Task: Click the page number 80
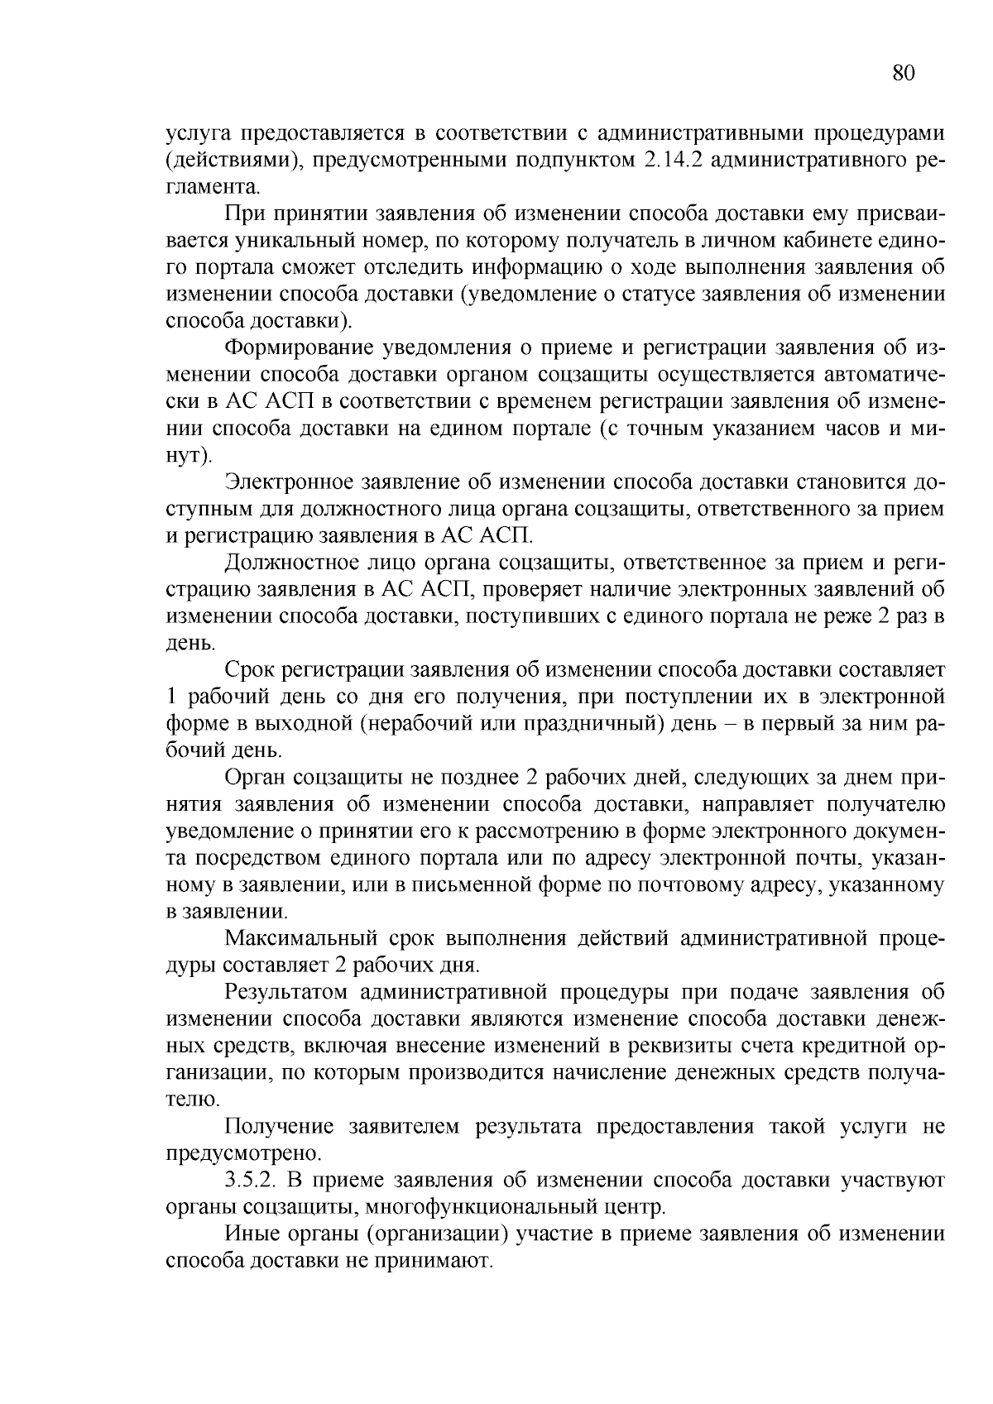click(x=904, y=73)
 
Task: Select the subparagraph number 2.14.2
click(x=672, y=159)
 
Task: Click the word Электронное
click(x=290, y=482)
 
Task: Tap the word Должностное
click(x=291, y=563)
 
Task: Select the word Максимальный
click(x=301, y=939)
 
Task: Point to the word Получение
click(x=280, y=1127)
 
